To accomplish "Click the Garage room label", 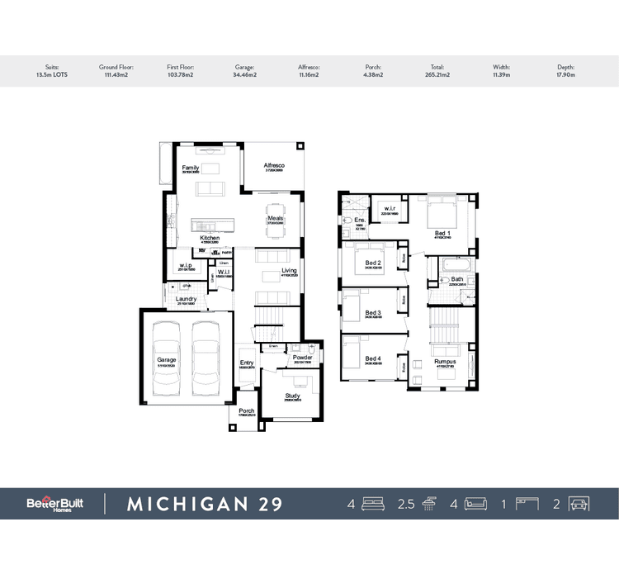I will click(168, 360).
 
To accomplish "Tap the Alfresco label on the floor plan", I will click(274, 166).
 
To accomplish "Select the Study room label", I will click(293, 396).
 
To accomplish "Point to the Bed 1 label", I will click(443, 234).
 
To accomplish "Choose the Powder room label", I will click(302, 358).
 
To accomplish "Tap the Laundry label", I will click(187, 299).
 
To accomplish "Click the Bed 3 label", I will click(373, 313).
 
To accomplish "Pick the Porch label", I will click(246, 410).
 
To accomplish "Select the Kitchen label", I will click(210, 238).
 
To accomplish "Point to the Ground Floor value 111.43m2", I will click(116, 74).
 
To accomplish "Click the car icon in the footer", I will click(578, 504).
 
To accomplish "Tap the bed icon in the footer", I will click(374, 504).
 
